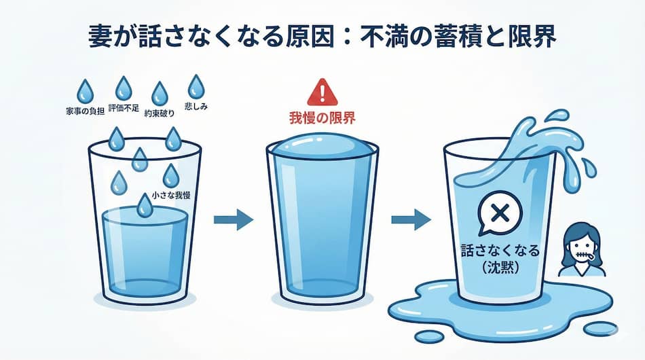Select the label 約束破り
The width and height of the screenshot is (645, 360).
160,114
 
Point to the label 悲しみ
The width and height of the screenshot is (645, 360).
196,107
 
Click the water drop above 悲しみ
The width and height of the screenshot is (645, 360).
196,87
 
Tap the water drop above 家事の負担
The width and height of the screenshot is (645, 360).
86,90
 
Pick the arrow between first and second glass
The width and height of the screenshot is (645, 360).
233,219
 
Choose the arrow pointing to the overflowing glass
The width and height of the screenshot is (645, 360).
411,219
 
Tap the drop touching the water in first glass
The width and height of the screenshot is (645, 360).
145,204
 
